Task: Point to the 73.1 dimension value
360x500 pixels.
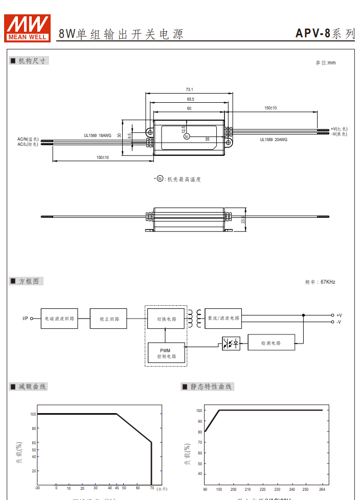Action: [189, 89]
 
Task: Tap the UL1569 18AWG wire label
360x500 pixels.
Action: [97, 135]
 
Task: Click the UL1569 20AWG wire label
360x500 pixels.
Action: [274, 139]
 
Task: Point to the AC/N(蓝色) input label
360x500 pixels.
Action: [28, 139]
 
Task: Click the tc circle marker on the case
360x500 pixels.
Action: [187, 136]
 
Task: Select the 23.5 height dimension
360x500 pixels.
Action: [243, 219]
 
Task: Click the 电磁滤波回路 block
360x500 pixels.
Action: [59, 319]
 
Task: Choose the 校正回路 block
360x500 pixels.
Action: [108, 319]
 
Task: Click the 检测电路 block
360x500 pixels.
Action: [271, 343]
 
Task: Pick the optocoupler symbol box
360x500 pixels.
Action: [231, 343]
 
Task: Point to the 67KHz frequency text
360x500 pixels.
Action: [328, 282]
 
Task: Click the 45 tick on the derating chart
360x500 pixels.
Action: [117, 488]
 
